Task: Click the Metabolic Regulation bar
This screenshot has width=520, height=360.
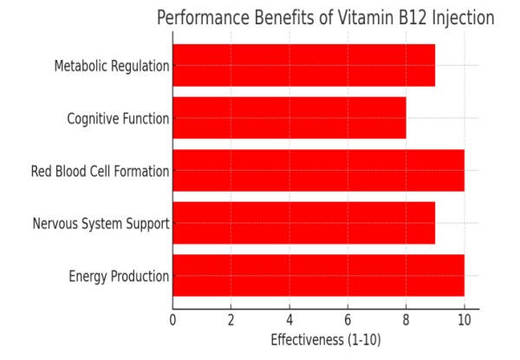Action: [303, 66]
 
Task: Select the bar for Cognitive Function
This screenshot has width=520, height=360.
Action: [289, 118]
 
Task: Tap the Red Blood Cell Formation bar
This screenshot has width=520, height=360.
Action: [318, 171]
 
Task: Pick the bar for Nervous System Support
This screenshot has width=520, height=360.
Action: [303, 224]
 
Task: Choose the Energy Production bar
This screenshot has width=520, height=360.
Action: [318, 276]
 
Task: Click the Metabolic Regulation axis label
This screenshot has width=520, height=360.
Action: [111, 66]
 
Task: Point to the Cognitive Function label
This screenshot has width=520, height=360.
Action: [118, 119]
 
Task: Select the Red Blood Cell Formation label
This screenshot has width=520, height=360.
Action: [100, 171]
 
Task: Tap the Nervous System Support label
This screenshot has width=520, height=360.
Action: [101, 224]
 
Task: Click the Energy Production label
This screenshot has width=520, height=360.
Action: [119, 277]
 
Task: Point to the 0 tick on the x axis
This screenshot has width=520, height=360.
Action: [173, 320]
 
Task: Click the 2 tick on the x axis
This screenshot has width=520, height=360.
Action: [231, 320]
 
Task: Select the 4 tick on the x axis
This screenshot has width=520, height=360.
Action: [289, 320]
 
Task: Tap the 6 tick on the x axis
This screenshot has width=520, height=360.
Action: [348, 320]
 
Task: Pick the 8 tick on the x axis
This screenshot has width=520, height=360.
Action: [406, 320]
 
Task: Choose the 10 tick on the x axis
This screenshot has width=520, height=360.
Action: [464, 320]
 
